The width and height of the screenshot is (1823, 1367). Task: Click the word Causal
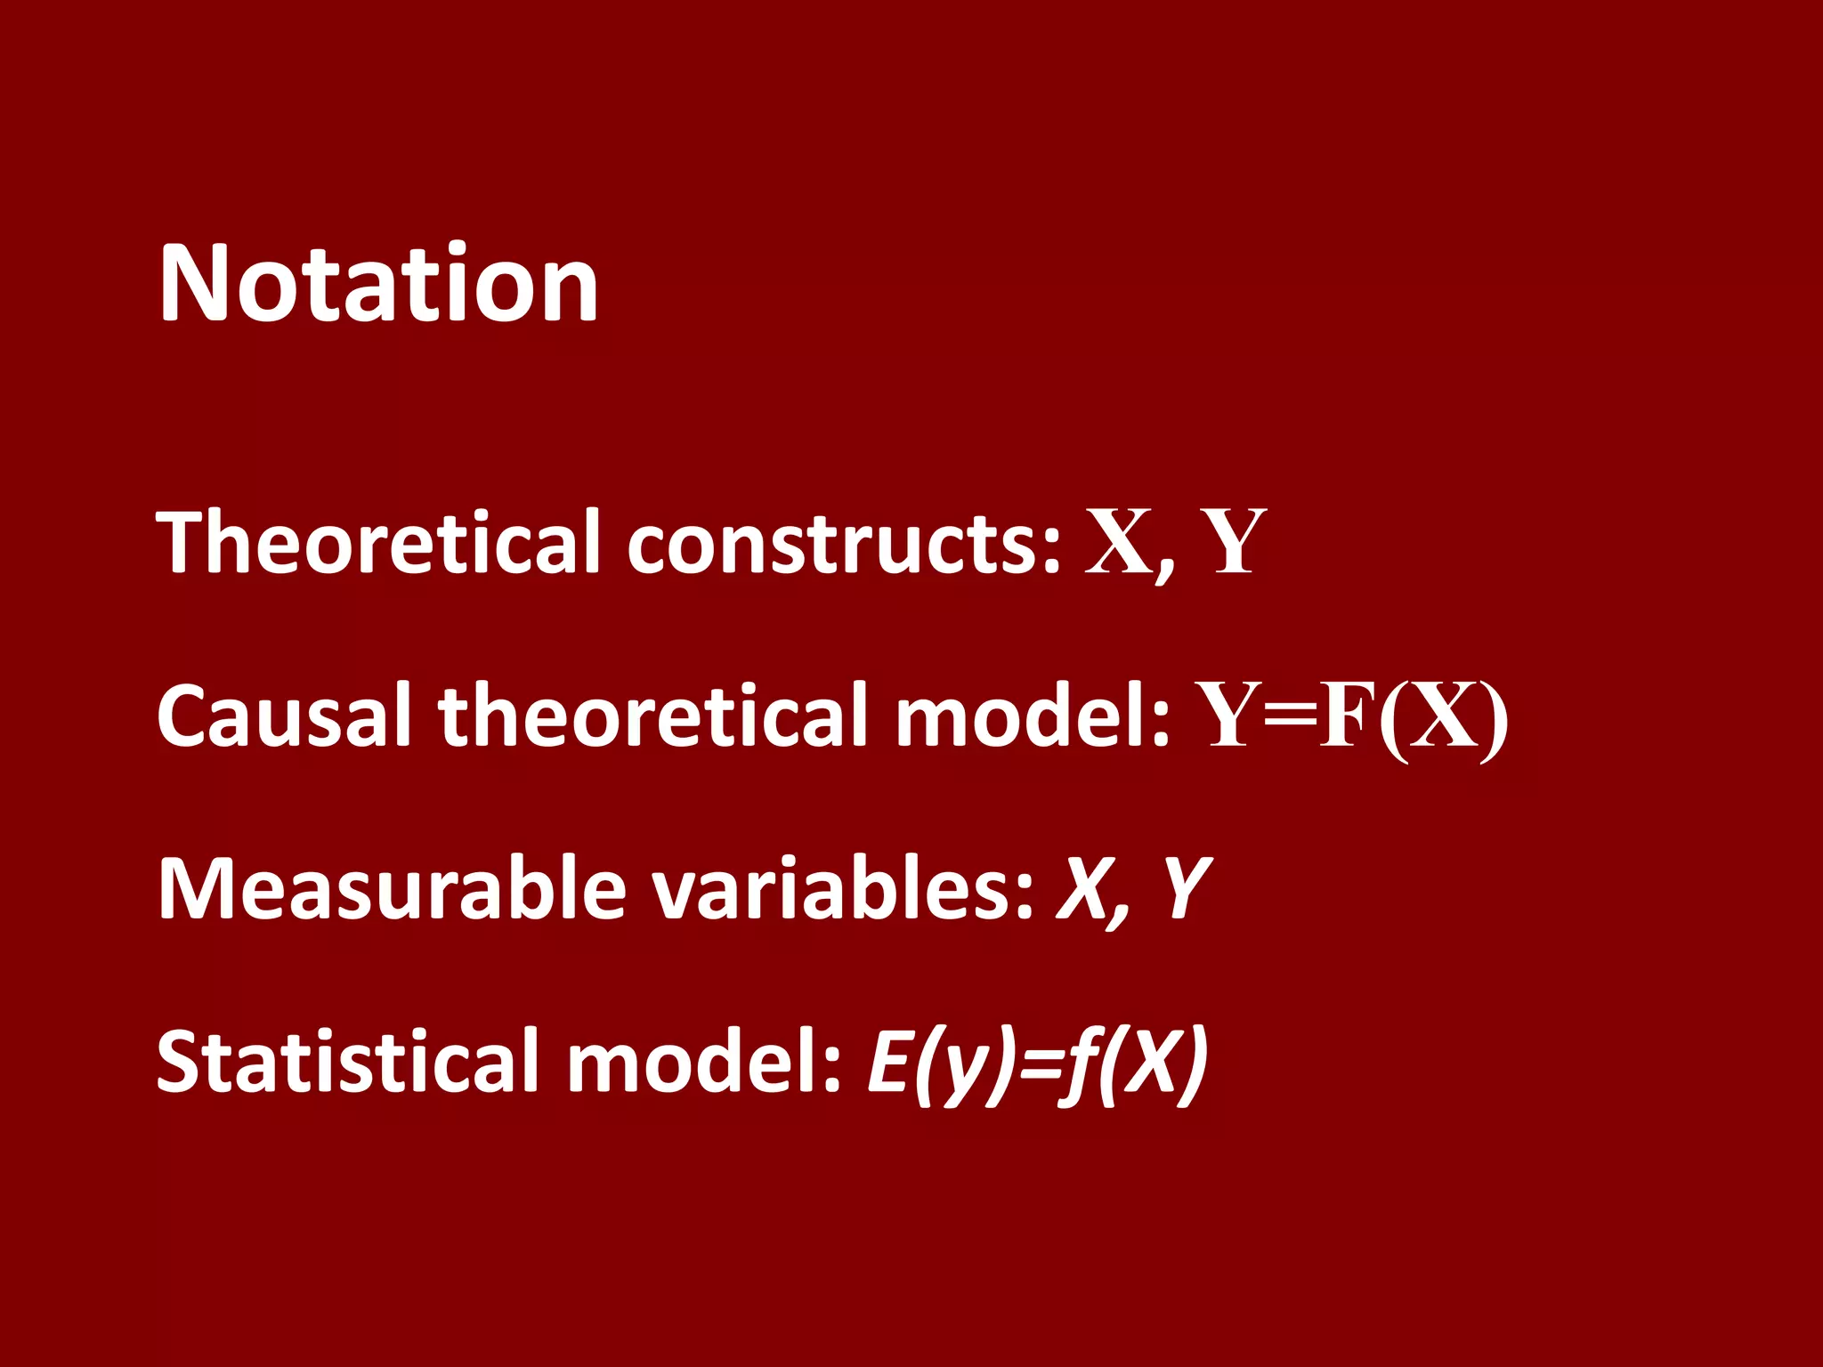tap(284, 715)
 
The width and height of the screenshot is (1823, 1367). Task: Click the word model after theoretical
tap(1033, 715)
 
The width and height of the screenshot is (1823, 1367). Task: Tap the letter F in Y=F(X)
tap(1346, 716)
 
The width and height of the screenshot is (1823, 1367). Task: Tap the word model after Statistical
tap(703, 1061)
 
